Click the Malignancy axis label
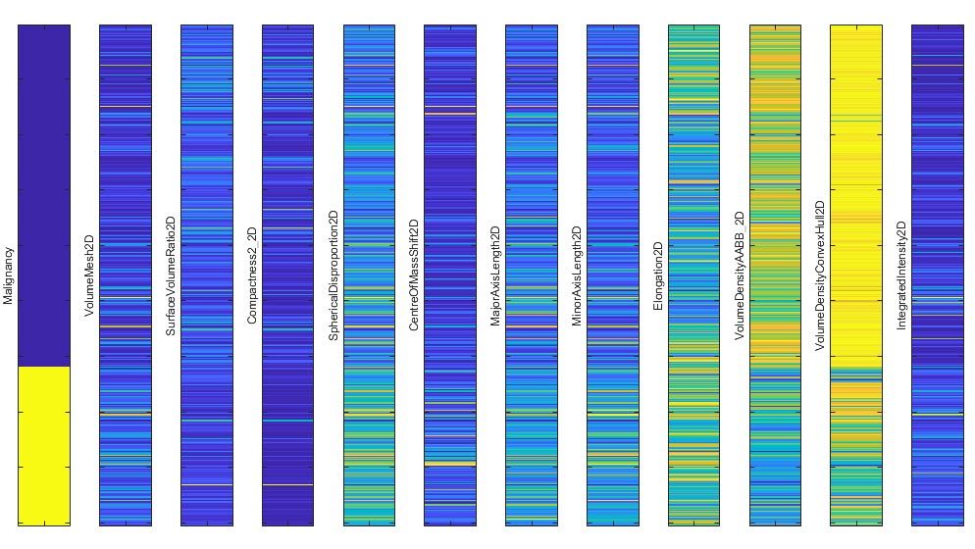(x=9, y=275)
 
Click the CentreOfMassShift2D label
(x=415, y=275)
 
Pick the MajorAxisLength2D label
(x=496, y=276)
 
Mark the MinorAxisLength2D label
(x=578, y=276)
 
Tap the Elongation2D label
(x=659, y=276)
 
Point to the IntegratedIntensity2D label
(x=902, y=275)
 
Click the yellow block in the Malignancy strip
(x=44, y=445)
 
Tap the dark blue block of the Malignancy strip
(x=44, y=196)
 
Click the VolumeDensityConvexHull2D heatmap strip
(x=856, y=274)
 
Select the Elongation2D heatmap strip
(x=693, y=274)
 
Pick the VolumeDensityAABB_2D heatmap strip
(x=775, y=274)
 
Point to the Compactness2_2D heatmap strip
(x=287, y=274)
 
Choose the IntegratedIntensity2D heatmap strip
(x=938, y=274)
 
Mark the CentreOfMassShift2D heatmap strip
(x=450, y=274)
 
